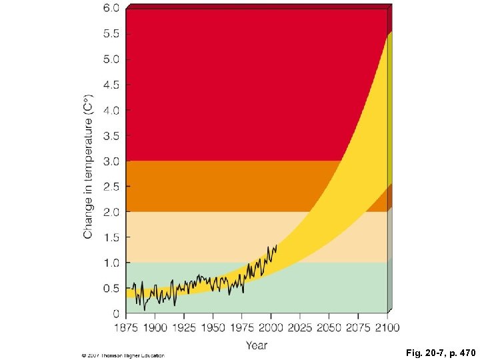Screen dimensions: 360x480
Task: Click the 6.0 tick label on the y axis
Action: tap(111, 9)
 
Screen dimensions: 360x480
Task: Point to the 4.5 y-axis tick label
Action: tap(111, 85)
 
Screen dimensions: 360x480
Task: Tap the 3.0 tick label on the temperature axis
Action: tap(111, 161)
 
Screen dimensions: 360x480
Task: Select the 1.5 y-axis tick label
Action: tap(111, 237)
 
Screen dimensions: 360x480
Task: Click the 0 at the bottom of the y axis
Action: tap(116, 313)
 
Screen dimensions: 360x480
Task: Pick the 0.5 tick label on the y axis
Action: tap(111, 289)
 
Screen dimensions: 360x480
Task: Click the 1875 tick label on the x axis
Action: tap(126, 327)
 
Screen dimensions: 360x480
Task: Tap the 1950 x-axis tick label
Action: tap(213, 327)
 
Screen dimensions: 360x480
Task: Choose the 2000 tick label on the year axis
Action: tap(271, 327)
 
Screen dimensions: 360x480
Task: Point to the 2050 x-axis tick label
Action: tap(329, 327)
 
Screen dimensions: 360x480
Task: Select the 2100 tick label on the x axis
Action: tap(387, 327)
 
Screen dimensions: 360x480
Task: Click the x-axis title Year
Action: tap(256, 345)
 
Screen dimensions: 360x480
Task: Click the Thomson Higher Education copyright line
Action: tap(123, 355)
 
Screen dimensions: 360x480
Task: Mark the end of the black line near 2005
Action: tap(276, 245)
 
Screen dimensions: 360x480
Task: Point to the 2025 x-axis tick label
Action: tap(300, 327)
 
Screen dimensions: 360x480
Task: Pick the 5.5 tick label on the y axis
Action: tap(111, 34)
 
